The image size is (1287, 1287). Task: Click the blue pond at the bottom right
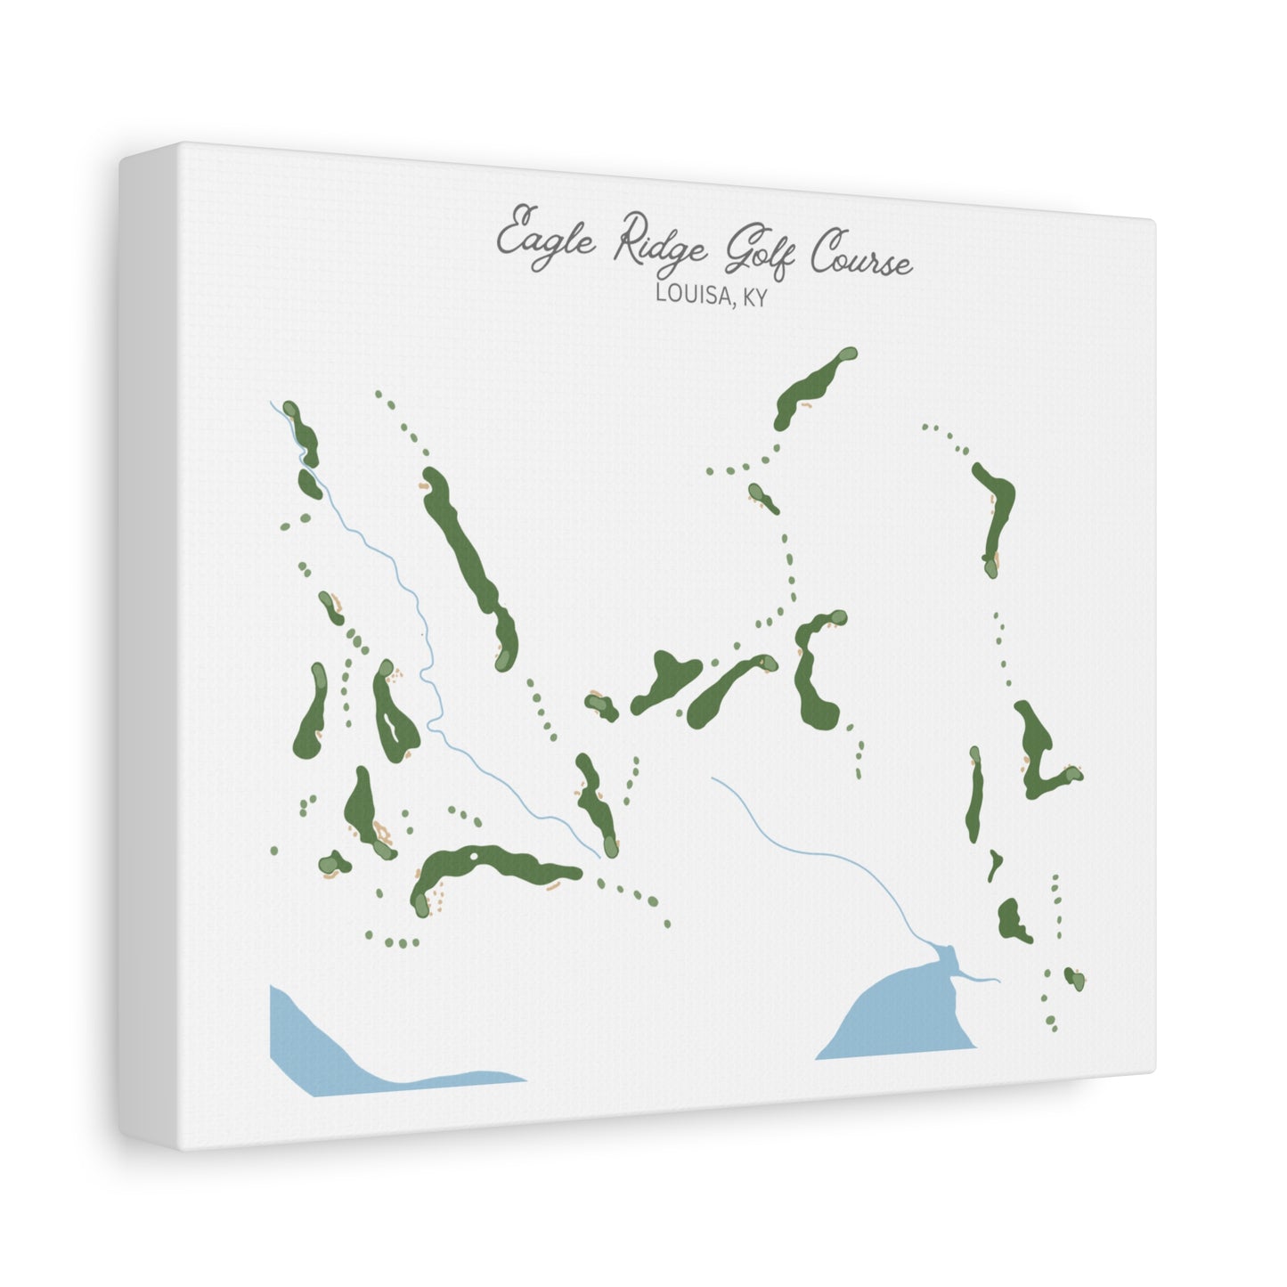pyautogui.click(x=900, y=1015)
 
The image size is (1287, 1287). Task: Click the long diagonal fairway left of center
pyautogui.click(x=468, y=561)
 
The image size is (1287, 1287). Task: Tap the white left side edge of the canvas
pyautogui.click(x=148, y=641)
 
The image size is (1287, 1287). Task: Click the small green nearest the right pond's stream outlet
pyautogui.click(x=1074, y=978)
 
